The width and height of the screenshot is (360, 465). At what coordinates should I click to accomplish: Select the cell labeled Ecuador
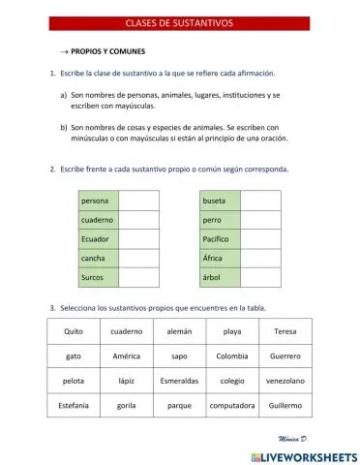[99, 238]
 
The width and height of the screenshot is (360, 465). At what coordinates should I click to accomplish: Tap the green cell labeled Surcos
[99, 276]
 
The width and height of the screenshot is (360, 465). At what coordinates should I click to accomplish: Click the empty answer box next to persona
[139, 201]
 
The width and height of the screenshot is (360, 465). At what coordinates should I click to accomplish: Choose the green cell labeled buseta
[220, 201]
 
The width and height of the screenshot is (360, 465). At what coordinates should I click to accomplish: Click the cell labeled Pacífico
[220, 238]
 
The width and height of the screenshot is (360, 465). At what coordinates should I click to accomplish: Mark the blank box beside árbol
[260, 276]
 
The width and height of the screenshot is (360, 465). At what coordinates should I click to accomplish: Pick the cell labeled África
[220, 258]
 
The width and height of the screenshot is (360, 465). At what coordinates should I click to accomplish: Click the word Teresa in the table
[285, 331]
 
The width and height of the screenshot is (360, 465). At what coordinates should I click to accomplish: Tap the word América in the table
[126, 356]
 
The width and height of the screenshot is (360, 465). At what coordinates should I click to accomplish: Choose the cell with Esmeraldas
[179, 381]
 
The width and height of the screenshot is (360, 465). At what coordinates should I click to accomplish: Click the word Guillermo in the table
[285, 405]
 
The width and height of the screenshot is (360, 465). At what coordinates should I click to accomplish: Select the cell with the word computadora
[232, 405]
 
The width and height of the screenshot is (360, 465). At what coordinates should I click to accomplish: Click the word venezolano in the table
[285, 381]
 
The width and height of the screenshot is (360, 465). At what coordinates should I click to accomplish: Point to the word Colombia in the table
[232, 356]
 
